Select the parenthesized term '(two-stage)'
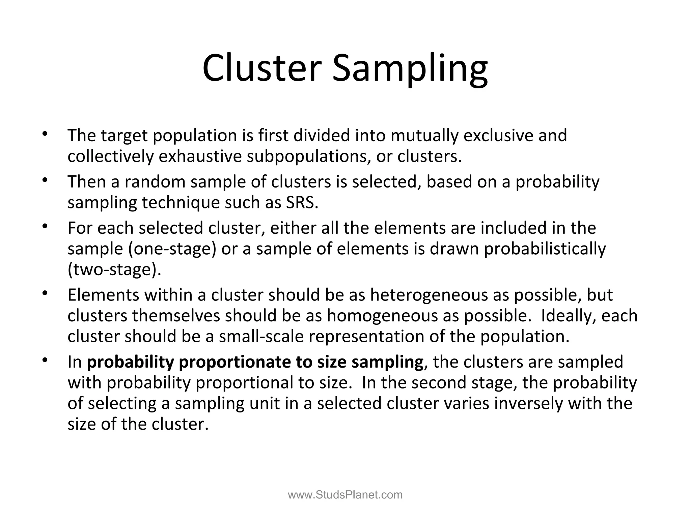click(114, 269)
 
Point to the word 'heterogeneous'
click(429, 295)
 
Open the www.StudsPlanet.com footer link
click(345, 495)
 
